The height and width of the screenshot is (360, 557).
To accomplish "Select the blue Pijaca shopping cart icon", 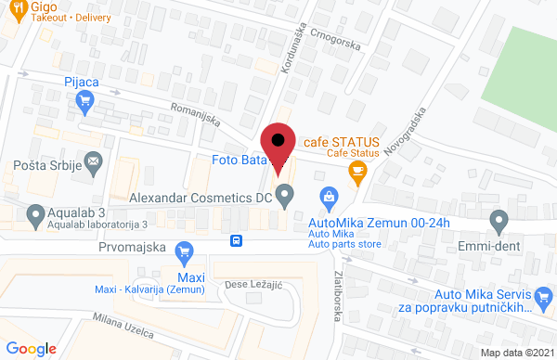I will [x=87, y=103].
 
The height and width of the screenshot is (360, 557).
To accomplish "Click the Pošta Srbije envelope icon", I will [x=94, y=164].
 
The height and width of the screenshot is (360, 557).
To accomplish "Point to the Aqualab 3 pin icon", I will [x=35, y=216].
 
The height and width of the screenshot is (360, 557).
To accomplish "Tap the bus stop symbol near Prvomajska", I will [x=238, y=241].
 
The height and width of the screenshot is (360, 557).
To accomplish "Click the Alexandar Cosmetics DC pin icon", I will [x=285, y=197].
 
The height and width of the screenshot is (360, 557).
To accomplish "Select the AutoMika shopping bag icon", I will [x=328, y=197].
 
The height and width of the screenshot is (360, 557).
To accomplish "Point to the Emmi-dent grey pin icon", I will [x=499, y=222].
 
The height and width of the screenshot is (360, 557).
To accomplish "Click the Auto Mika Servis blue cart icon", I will [x=545, y=298].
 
